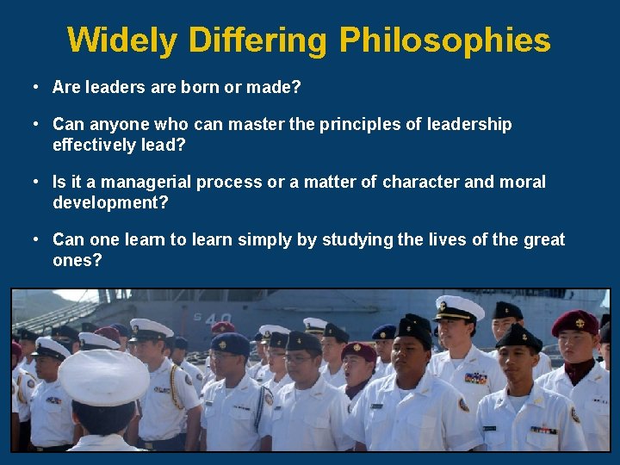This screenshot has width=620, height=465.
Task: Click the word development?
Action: (110, 202)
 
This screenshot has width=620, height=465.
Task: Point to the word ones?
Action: (77, 260)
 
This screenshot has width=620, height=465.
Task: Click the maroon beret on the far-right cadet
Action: (574, 322)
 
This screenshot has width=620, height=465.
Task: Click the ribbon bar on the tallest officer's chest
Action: (475, 377)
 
